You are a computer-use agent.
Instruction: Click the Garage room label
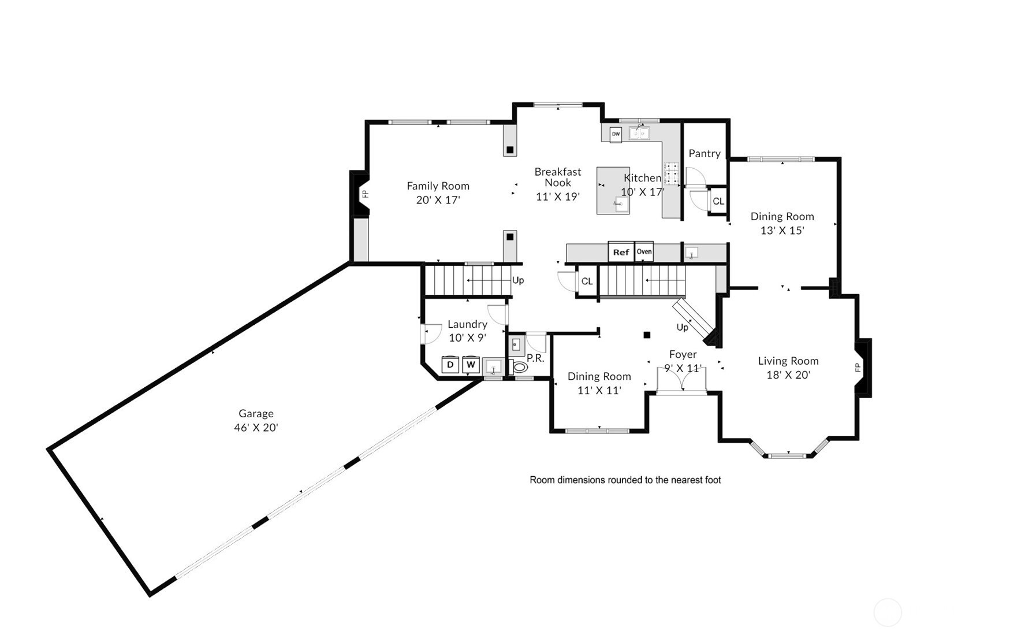pyautogui.click(x=256, y=414)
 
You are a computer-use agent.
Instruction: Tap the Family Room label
pyautogui.click(x=438, y=186)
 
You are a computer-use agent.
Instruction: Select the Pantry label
pyautogui.click(x=705, y=154)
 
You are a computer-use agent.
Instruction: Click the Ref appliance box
pyautogui.click(x=621, y=252)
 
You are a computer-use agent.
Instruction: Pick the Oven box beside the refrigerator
pyautogui.click(x=644, y=251)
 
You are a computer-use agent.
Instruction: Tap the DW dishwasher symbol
pyautogui.click(x=616, y=134)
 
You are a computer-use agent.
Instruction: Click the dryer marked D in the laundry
pyautogui.click(x=450, y=365)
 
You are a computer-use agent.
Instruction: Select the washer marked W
pyautogui.click(x=471, y=365)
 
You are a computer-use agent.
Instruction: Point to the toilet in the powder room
pyautogui.click(x=518, y=367)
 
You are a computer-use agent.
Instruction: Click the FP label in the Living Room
pyautogui.click(x=858, y=368)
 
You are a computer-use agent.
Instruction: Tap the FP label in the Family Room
pyautogui.click(x=365, y=194)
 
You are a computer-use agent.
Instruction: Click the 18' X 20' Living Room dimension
pyautogui.click(x=788, y=375)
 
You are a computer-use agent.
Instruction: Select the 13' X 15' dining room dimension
pyautogui.click(x=782, y=231)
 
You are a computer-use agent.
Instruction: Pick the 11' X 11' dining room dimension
pyautogui.click(x=599, y=391)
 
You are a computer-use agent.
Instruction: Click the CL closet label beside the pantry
pyautogui.click(x=718, y=202)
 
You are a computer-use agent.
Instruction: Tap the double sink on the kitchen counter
pyautogui.click(x=639, y=134)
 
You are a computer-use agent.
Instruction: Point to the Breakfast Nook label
pyautogui.click(x=558, y=177)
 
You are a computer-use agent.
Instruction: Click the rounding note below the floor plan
pyautogui.click(x=625, y=480)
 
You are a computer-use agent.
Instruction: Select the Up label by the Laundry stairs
pyautogui.click(x=518, y=280)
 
